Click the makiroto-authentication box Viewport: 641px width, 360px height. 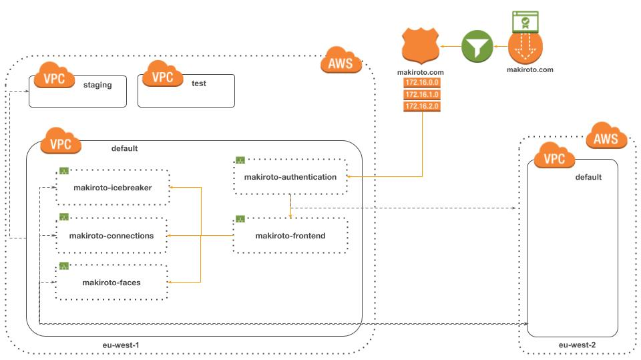(x=290, y=177)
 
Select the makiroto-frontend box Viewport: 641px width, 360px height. (x=290, y=236)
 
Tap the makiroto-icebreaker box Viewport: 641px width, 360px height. (x=113, y=188)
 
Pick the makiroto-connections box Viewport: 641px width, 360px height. (x=112, y=236)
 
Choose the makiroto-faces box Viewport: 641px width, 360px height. (x=112, y=283)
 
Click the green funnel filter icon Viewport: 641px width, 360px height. (x=478, y=47)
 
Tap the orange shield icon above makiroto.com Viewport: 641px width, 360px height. (x=421, y=46)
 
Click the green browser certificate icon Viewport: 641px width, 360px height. (x=525, y=22)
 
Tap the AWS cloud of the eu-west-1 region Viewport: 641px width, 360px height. (x=341, y=63)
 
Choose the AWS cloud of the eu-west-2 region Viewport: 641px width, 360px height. (x=606, y=138)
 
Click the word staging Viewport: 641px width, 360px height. (x=97, y=85)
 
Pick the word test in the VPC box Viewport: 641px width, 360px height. (x=200, y=85)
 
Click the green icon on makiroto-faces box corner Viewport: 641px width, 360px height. (x=64, y=266)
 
